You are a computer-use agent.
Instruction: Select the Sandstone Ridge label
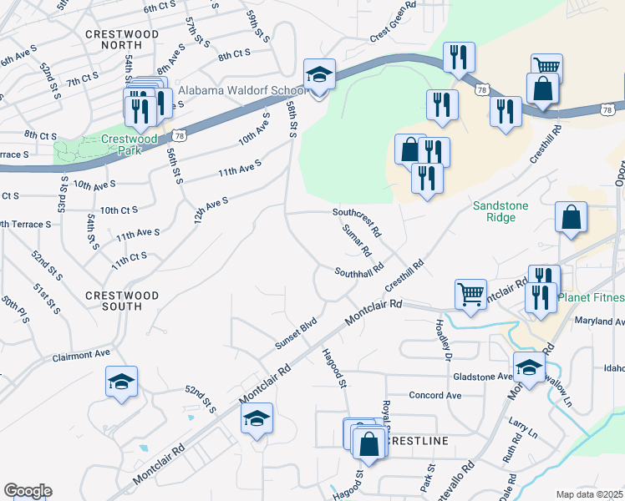[506, 211]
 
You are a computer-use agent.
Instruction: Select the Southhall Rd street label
[358, 271]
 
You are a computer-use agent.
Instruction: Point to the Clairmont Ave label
[81, 354]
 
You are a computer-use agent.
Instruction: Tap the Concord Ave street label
[434, 395]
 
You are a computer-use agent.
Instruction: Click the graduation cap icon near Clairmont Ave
[121, 383]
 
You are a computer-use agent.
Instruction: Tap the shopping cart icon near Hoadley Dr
[470, 293]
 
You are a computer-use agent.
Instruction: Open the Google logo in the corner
[28, 490]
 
